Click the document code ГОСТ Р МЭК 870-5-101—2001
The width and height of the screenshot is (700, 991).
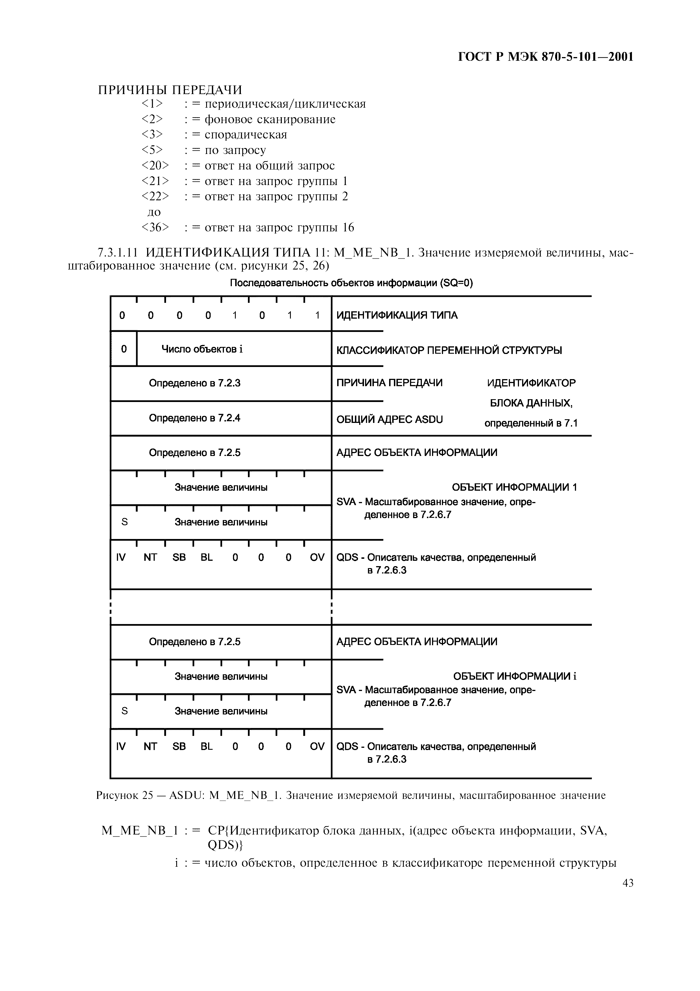tap(545, 57)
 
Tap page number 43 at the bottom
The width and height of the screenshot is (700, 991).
tap(627, 883)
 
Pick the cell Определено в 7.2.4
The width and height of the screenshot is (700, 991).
tap(195, 418)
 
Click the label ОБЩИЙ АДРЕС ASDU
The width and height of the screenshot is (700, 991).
tap(389, 420)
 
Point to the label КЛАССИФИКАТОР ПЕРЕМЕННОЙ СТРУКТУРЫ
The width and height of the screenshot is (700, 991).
tap(449, 350)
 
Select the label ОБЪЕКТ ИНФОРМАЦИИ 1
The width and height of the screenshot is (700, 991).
tap(514, 487)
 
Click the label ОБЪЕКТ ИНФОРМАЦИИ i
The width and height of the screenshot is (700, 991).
tap(514, 676)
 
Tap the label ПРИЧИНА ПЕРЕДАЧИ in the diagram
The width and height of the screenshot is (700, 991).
tap(389, 383)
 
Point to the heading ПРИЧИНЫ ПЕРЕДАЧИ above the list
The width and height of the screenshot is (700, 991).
tap(170, 90)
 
